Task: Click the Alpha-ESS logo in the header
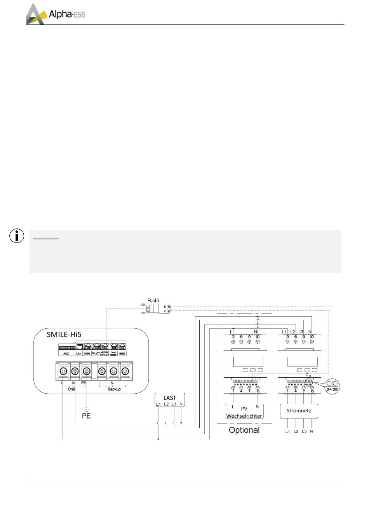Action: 56,14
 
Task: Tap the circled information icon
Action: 16,236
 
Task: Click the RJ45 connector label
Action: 153,300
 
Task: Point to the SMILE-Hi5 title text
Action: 64,334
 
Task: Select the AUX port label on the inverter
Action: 66,354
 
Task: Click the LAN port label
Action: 78,354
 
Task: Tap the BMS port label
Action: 122,354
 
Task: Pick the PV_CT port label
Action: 96,354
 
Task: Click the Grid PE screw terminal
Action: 87,372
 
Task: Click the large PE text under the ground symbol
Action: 86,416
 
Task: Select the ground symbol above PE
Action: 87,408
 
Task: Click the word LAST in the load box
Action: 170,398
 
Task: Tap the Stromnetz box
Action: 298,411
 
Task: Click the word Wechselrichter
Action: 244,416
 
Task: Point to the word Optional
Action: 244,430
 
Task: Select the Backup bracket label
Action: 114,389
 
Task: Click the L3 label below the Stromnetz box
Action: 304,431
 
